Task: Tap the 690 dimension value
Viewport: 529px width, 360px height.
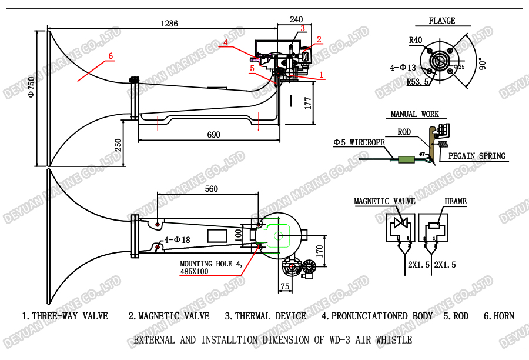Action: (x=213, y=135)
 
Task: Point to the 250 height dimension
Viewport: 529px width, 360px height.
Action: (x=118, y=145)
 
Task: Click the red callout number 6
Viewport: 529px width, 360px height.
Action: (x=110, y=56)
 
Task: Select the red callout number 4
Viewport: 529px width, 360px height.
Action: (x=225, y=42)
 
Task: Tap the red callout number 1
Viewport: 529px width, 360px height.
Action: (x=321, y=75)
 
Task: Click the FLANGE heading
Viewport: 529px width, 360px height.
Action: (x=441, y=21)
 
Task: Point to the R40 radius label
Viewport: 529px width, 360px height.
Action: (x=416, y=40)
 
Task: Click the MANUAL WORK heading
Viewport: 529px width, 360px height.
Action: (x=414, y=114)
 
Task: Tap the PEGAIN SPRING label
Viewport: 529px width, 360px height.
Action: (x=477, y=156)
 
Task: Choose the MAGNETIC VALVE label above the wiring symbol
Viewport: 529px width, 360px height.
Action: (x=384, y=201)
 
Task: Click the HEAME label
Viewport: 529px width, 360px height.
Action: (x=456, y=201)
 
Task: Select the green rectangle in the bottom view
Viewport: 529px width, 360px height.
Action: (x=279, y=236)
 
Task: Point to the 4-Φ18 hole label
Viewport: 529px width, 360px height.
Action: (x=178, y=240)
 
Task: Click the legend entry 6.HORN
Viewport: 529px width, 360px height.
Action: (x=498, y=316)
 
